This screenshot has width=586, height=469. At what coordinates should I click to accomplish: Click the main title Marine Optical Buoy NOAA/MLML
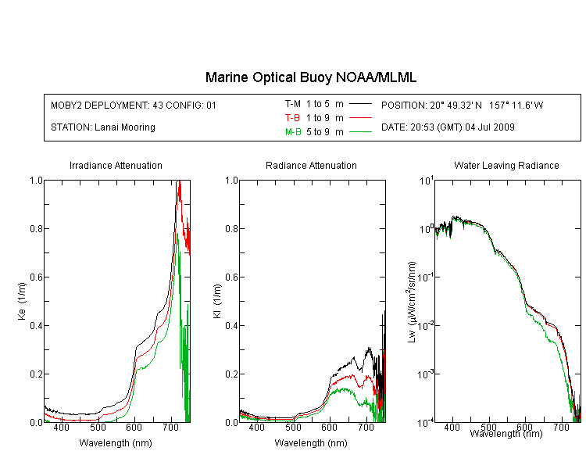pyautogui.click(x=310, y=78)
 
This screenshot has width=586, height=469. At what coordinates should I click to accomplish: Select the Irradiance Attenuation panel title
pyautogui.click(x=116, y=165)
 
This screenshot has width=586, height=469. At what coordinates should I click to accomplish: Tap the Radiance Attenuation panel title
pyautogui.click(x=311, y=165)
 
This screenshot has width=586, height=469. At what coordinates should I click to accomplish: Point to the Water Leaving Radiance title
pyautogui.click(x=506, y=165)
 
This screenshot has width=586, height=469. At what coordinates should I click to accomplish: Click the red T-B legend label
pyautogui.click(x=292, y=118)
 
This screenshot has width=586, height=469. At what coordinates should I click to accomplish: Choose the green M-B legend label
pyautogui.click(x=293, y=132)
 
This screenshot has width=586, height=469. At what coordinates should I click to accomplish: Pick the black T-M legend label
pyautogui.click(x=293, y=104)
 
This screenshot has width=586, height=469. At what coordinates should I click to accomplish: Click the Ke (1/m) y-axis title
pyautogui.click(x=22, y=301)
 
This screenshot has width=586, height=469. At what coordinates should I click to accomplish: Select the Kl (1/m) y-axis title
pyautogui.click(x=217, y=301)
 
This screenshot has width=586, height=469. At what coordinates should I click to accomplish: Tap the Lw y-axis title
pyautogui.click(x=412, y=303)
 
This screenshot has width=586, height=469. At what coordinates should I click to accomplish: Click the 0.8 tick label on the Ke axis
pyautogui.click(x=36, y=228)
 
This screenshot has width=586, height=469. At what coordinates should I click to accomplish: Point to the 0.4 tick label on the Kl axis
pyautogui.click(x=231, y=325)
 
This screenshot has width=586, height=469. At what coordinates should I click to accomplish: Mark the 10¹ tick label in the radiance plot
pyautogui.click(x=426, y=181)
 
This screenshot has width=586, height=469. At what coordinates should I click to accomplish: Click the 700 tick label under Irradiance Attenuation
pyautogui.click(x=171, y=427)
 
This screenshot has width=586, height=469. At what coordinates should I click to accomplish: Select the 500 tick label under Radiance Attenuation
pyautogui.click(x=293, y=427)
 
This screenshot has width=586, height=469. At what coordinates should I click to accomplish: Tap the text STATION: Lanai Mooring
pyautogui.click(x=103, y=127)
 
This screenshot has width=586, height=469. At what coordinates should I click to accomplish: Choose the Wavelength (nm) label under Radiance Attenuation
pyautogui.click(x=311, y=443)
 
